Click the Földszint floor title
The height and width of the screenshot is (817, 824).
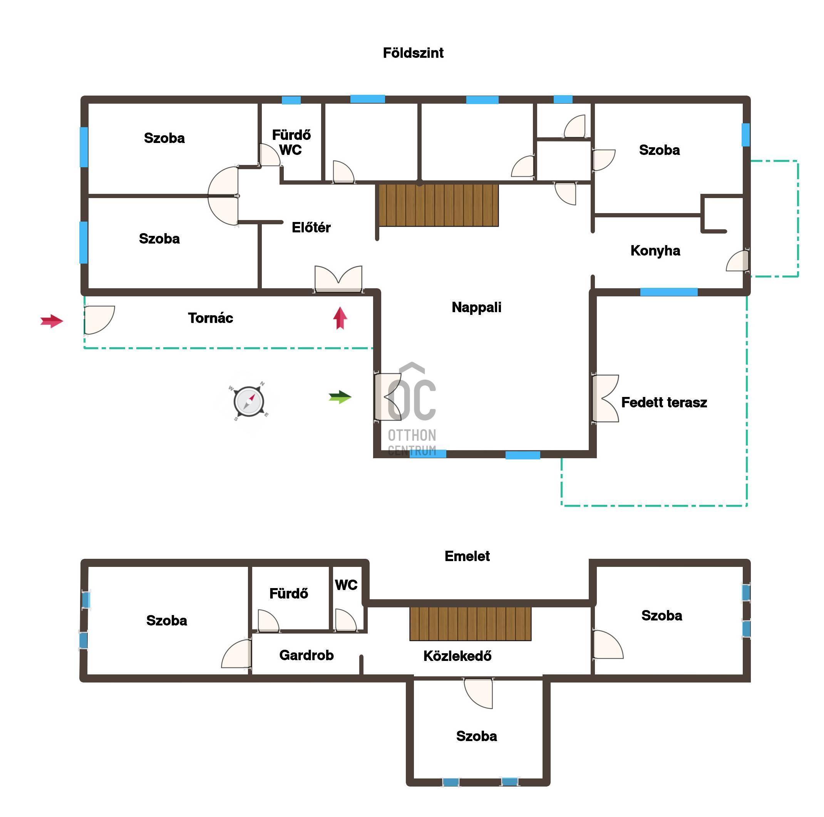pos(413,53)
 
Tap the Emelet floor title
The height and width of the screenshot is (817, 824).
pos(467,556)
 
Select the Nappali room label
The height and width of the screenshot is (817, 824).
pos(476,307)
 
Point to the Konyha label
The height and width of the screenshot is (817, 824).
pos(655,250)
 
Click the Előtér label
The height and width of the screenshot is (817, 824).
pos(311,227)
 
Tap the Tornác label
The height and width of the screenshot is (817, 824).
pos(210,318)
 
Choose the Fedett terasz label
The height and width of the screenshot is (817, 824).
pos(664,402)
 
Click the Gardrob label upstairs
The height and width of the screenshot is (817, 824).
pos(306,655)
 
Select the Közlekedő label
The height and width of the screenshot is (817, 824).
pos(457,656)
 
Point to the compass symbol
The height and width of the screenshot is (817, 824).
pos(249,401)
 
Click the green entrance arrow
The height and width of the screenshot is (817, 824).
pos(340,397)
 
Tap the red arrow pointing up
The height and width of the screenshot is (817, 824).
pos(340,318)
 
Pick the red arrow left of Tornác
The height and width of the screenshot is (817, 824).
pos(52,321)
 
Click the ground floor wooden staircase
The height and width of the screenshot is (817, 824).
pos(439,205)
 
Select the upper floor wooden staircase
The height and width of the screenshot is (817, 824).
pos(470,624)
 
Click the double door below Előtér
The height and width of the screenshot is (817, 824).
pos(338,279)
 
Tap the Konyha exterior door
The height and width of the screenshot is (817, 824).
pos(738,261)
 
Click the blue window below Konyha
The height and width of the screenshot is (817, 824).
pos(668,293)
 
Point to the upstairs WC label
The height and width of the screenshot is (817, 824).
pos(346,585)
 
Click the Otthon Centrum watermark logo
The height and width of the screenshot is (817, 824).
pos(412,409)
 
